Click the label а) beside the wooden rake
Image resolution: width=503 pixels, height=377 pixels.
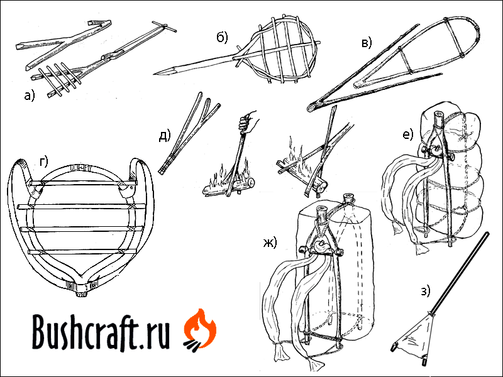coord(29,96)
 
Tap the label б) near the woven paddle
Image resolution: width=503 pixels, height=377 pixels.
coord(223,38)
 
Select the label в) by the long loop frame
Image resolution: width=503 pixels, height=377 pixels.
coord(367,43)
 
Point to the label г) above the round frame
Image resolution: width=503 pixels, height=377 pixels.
coord(43,162)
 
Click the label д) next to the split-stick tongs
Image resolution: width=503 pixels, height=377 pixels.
coord(165,136)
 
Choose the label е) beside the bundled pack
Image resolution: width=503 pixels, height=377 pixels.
coord(408,134)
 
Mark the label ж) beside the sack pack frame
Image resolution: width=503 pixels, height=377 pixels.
coord(270,243)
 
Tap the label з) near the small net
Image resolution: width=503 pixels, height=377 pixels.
coord(425,291)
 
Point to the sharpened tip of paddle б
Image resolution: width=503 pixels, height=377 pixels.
coord(155,74)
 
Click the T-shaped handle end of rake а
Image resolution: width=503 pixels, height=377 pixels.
coord(163,26)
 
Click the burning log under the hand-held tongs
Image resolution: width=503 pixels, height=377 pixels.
coord(228,187)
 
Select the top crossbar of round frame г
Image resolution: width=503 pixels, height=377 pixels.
coord(83,183)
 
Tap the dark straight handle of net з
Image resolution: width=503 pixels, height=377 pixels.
coord(460,273)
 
